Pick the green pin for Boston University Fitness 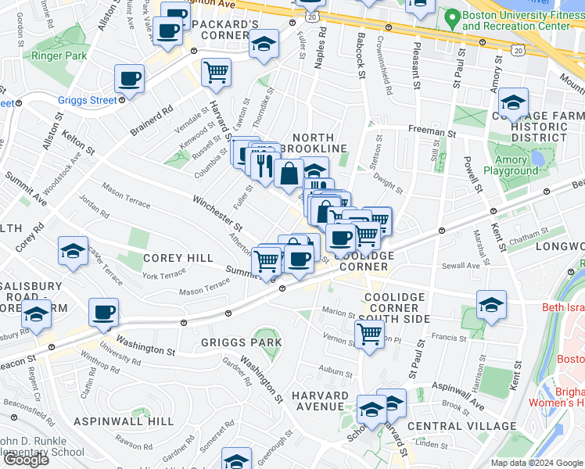coord(450,17)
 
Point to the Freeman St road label coord(430,133)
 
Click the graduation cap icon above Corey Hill coord(73,252)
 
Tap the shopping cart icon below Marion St coord(369,335)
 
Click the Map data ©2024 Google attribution coord(536,463)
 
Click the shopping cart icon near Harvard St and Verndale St coord(216,73)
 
